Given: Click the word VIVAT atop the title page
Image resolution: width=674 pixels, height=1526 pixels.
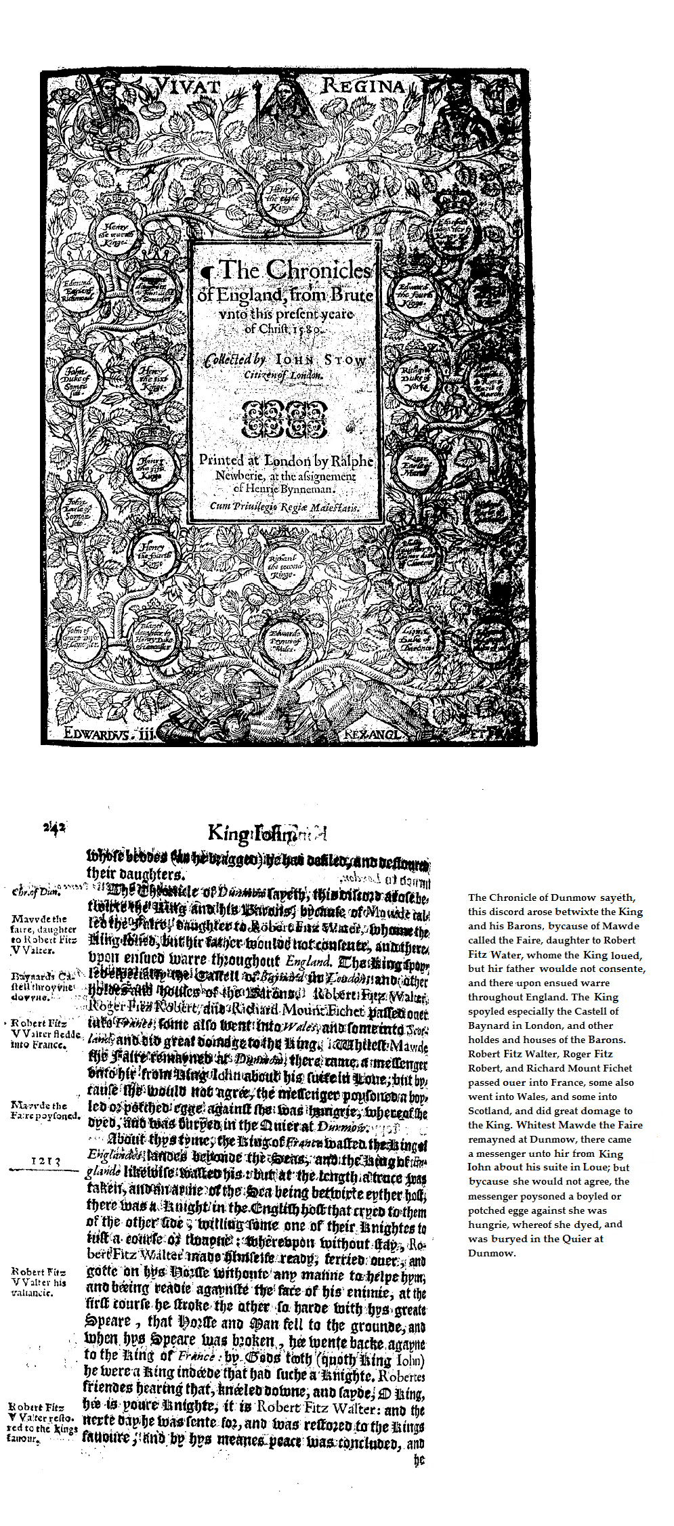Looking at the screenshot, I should coord(187,86).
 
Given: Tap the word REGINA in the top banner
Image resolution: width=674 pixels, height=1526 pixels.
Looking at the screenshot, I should coord(363,86).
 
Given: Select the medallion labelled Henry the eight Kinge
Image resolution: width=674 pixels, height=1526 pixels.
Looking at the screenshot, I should coord(280,196).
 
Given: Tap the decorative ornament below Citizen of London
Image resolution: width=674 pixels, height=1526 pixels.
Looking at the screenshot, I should coord(285,418).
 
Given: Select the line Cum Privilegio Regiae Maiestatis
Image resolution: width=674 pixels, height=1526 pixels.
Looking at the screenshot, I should coord(285,507).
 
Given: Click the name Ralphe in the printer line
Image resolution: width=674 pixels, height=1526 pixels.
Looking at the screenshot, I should coord(352,461).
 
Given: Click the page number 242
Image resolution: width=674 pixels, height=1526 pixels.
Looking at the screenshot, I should coord(54,827).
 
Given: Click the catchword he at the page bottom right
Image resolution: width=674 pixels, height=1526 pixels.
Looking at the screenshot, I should coord(419,1460).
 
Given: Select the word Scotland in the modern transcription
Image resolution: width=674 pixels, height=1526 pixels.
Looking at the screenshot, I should coord(488,1111).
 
